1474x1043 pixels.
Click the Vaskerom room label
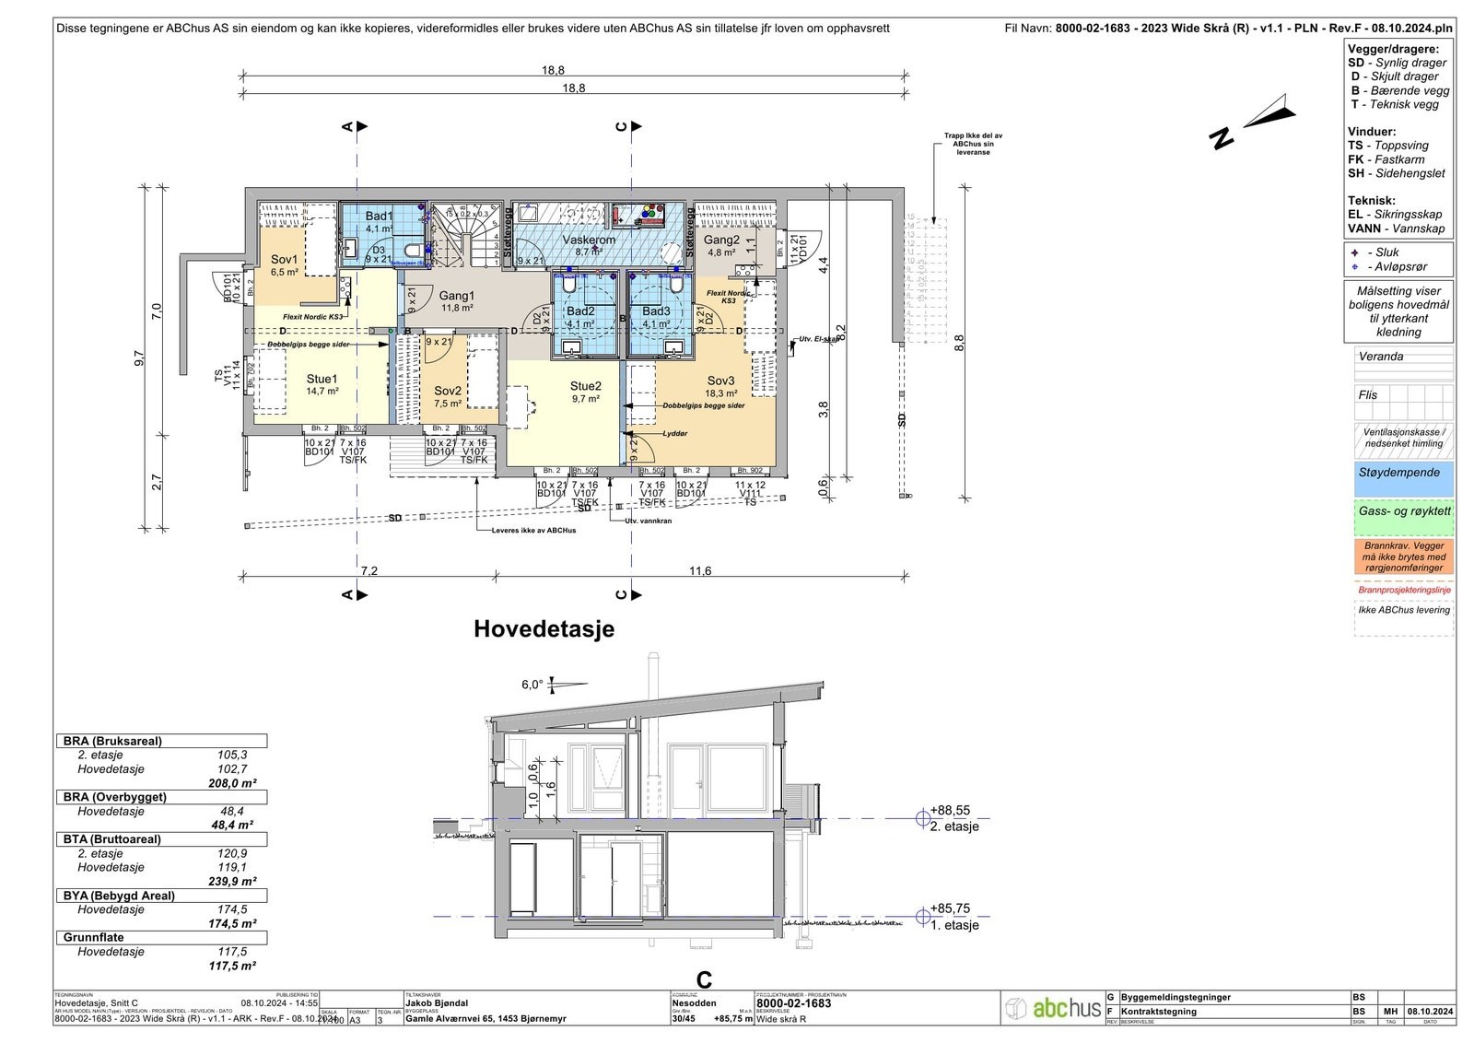[589, 240]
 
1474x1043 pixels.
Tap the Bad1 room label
[379, 217]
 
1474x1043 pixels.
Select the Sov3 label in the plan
[720, 381]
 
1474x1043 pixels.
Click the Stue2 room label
[585, 386]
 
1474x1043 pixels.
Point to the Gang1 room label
[456, 296]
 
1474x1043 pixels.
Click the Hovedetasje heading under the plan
[544, 629]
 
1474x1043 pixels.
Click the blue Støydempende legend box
[1403, 479]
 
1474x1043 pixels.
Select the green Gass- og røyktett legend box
[1403, 517]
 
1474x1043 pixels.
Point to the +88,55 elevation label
[950, 811]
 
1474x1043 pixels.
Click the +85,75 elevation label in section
[950, 908]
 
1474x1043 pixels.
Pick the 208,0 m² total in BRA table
[232, 783]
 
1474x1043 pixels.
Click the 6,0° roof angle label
[532, 685]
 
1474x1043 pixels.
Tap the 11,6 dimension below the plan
[700, 571]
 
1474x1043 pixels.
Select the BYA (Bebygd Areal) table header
[119, 896]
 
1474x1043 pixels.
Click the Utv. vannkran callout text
[648, 521]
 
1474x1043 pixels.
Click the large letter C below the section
[704, 980]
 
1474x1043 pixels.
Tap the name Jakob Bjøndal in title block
[437, 1003]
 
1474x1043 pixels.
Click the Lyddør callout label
[674, 433]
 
